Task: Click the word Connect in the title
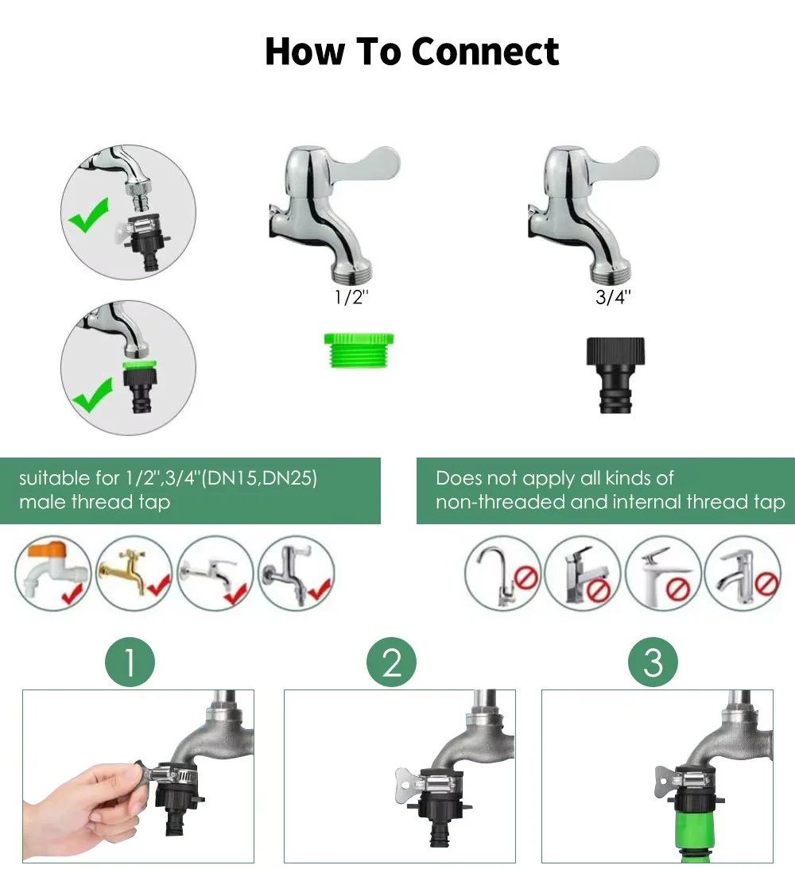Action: tap(486, 52)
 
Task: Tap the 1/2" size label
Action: tap(351, 297)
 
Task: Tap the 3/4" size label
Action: tap(613, 297)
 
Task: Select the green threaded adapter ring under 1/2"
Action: tap(359, 350)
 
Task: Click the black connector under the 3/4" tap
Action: tap(616, 375)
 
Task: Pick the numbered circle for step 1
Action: tap(130, 662)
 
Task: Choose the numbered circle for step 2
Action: tap(391, 662)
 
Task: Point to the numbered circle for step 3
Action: tap(653, 662)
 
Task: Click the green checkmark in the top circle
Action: tap(90, 215)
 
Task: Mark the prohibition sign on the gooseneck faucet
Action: tap(526, 578)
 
